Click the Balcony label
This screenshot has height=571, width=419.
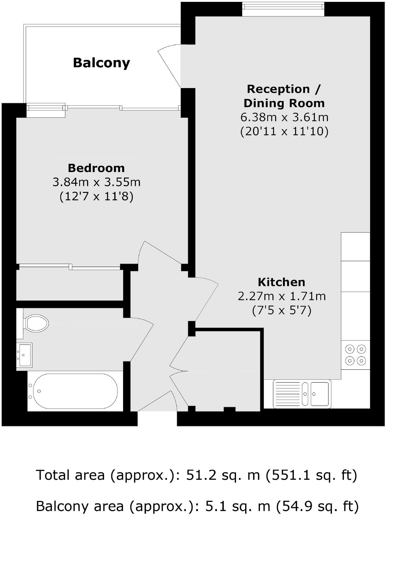click(x=101, y=63)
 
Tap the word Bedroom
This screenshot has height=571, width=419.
click(x=96, y=168)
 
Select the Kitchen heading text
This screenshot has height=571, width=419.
click(x=281, y=282)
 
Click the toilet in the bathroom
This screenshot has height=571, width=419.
click(x=35, y=323)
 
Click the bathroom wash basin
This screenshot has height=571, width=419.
click(x=24, y=355)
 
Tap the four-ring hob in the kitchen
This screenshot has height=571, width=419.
click(x=355, y=355)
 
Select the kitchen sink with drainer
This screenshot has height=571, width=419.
click(x=302, y=394)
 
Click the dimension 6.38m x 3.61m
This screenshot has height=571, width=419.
click(x=284, y=117)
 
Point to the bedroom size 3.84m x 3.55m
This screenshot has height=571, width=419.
click(x=96, y=182)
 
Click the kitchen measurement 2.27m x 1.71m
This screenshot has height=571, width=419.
click(x=281, y=296)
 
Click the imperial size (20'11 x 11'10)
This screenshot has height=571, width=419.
click(x=284, y=131)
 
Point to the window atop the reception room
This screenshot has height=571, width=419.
click(x=283, y=9)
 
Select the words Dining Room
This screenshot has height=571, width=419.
click(x=284, y=103)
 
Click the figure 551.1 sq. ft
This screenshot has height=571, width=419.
click(x=311, y=475)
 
